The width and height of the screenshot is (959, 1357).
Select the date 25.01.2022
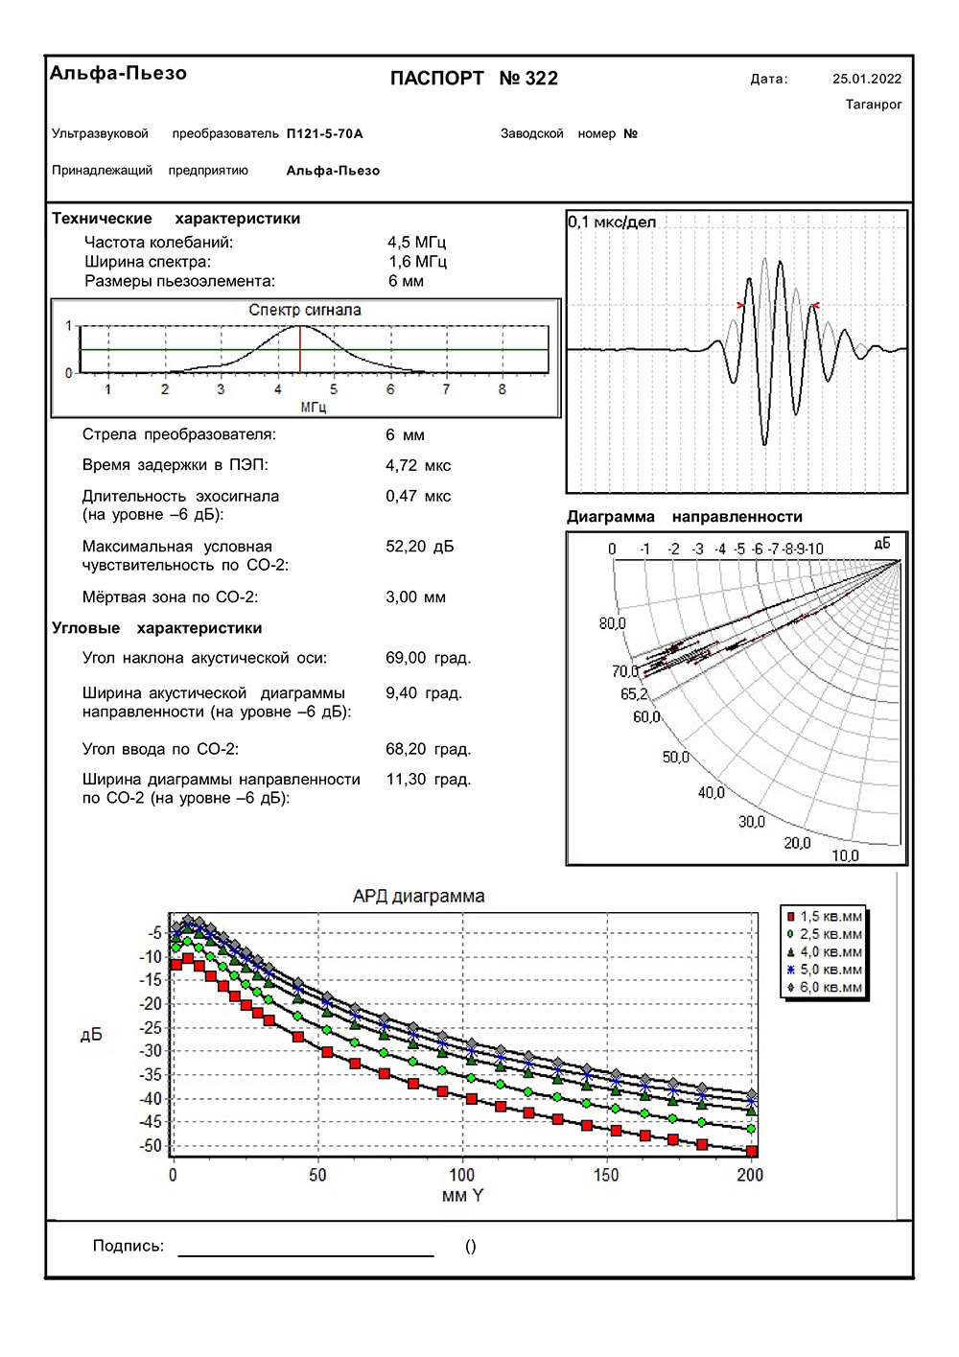(x=867, y=80)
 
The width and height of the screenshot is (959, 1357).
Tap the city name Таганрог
(x=874, y=105)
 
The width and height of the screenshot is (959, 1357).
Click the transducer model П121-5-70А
(x=325, y=134)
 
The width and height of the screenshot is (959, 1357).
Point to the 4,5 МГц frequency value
(x=417, y=243)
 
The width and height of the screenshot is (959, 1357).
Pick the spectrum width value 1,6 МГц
(x=417, y=262)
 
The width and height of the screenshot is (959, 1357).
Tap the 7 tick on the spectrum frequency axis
(x=446, y=390)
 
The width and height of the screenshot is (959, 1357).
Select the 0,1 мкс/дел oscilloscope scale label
(x=613, y=222)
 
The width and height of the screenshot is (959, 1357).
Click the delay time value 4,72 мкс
(x=418, y=466)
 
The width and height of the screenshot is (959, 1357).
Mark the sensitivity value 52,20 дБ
(x=420, y=547)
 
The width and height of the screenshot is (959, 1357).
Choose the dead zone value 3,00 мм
(x=416, y=597)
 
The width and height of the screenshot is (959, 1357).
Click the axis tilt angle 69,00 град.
(x=429, y=658)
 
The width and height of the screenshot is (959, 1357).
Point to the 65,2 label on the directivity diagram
(x=634, y=694)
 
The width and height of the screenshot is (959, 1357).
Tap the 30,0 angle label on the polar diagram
(x=752, y=822)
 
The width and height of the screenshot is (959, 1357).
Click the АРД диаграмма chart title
(x=419, y=897)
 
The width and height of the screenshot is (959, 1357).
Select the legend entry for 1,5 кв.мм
(x=825, y=917)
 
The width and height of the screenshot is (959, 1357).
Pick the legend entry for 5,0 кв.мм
(x=825, y=971)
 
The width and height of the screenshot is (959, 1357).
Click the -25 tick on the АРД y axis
(x=152, y=1028)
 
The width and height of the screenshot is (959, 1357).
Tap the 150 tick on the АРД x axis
(x=607, y=1175)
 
